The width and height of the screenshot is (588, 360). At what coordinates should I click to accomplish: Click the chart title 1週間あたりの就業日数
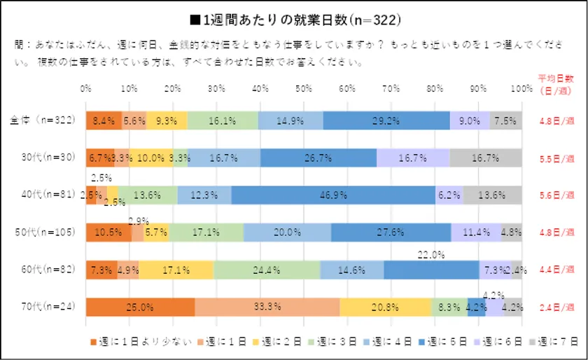coord(294,18)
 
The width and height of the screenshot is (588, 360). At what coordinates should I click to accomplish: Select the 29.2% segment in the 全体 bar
coord(386,120)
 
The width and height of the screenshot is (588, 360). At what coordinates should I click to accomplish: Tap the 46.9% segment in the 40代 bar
coord(333,195)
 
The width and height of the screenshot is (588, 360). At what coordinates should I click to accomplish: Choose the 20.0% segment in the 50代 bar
coord(287,233)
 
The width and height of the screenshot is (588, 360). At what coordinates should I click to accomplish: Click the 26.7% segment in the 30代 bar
coord(318,158)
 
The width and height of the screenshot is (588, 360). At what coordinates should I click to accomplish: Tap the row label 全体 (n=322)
coord(44,120)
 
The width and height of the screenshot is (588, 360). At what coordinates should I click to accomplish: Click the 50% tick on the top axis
coord(304,89)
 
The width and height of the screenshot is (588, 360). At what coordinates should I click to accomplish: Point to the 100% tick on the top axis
coord(521,89)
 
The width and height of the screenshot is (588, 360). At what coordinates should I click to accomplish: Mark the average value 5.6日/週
coord(556,195)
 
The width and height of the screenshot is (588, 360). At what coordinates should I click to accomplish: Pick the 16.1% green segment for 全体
coord(223,120)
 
